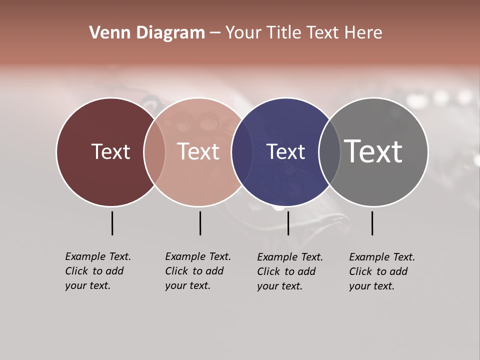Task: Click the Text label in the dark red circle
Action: [x=110, y=151]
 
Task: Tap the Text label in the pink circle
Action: [x=198, y=151]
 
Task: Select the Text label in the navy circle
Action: [x=285, y=151]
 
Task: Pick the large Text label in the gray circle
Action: [x=373, y=151]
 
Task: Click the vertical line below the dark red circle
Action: [x=112, y=223]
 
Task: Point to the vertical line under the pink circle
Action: [x=200, y=223]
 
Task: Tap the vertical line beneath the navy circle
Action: [x=288, y=223]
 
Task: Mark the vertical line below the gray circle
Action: [x=372, y=223]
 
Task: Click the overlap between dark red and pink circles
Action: [x=154, y=151]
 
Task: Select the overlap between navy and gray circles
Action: [x=329, y=151]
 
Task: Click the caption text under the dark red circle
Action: [x=97, y=271]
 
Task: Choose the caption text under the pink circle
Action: [x=197, y=271]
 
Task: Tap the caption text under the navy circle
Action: [x=289, y=271]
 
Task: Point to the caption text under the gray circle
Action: [x=381, y=271]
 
